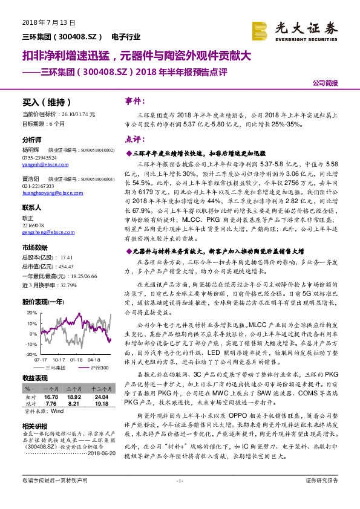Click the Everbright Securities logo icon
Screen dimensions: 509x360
[x=260, y=30]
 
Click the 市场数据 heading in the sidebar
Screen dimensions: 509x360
[x=34, y=247]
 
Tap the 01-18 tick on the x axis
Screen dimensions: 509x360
[x=76, y=359]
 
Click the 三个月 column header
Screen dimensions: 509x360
[x=74, y=388]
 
